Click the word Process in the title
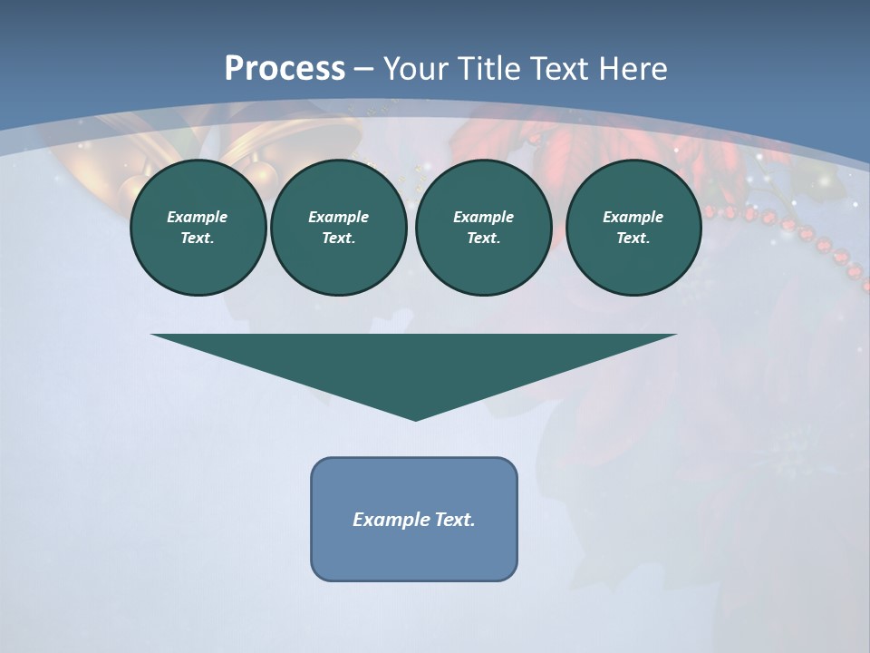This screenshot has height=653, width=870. tap(285, 69)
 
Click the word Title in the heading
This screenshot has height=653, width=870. tap(488, 69)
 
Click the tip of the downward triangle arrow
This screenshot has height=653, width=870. tap(415, 418)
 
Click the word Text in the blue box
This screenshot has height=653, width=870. tap(456, 520)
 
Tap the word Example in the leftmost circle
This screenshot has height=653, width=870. tap(198, 217)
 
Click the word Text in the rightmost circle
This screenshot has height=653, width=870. tap(633, 238)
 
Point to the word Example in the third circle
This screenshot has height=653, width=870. tap(483, 217)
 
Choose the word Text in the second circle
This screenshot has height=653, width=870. tap(338, 238)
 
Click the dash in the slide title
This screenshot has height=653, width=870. tap(364, 69)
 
